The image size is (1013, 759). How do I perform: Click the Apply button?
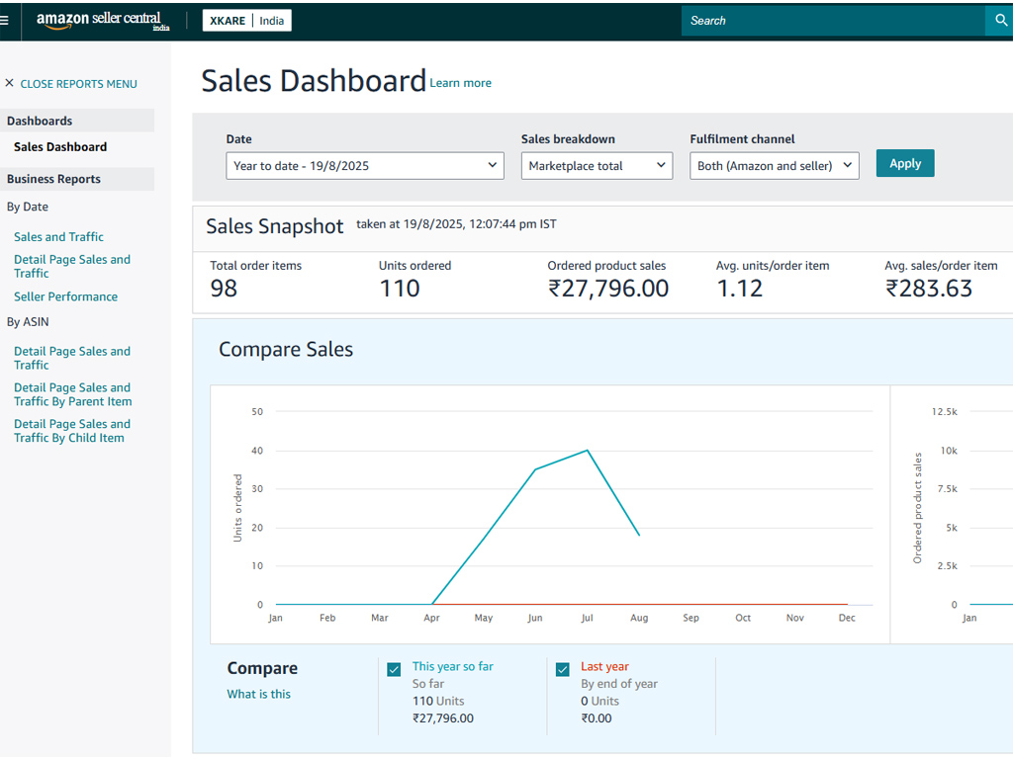[904, 163]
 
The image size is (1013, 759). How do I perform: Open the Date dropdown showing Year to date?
[364, 166]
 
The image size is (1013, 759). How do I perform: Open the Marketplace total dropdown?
[597, 166]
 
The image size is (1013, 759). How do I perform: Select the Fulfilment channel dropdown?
[774, 166]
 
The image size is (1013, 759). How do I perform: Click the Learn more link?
[461, 83]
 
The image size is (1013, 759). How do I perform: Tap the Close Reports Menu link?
[71, 84]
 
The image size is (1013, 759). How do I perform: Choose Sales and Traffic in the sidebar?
[58, 237]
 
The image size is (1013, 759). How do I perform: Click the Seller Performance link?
[66, 296]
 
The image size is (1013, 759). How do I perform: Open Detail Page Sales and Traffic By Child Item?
[72, 431]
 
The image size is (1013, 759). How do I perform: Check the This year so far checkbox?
[394, 669]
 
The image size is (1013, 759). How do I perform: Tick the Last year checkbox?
[563, 669]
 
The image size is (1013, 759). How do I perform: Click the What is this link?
[258, 694]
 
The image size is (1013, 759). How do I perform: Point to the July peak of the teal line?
[588, 451]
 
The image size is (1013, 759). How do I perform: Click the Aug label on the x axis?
[639, 618]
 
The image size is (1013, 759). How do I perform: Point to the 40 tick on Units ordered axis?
[257, 451]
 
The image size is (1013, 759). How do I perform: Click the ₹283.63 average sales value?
[928, 289]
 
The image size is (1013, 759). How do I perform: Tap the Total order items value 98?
[224, 289]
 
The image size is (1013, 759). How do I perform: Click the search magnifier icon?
[1001, 21]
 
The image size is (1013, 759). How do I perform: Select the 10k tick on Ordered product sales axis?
[949, 451]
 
